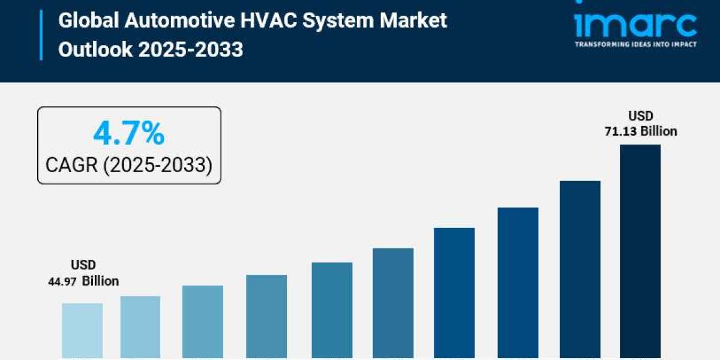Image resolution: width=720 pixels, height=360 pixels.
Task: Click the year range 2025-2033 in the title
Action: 191,49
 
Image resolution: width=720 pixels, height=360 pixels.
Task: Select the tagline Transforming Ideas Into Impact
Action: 635,44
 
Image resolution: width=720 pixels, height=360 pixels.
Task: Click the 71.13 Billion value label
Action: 640,131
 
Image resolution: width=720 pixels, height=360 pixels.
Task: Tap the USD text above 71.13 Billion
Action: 640,116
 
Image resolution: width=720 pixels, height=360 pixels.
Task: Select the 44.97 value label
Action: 62,281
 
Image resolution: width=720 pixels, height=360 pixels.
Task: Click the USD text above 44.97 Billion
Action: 83,265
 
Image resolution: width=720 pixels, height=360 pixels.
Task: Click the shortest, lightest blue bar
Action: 82,330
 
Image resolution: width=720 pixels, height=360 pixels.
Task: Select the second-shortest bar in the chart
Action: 140,326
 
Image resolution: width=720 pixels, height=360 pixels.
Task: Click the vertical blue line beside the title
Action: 41,35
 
